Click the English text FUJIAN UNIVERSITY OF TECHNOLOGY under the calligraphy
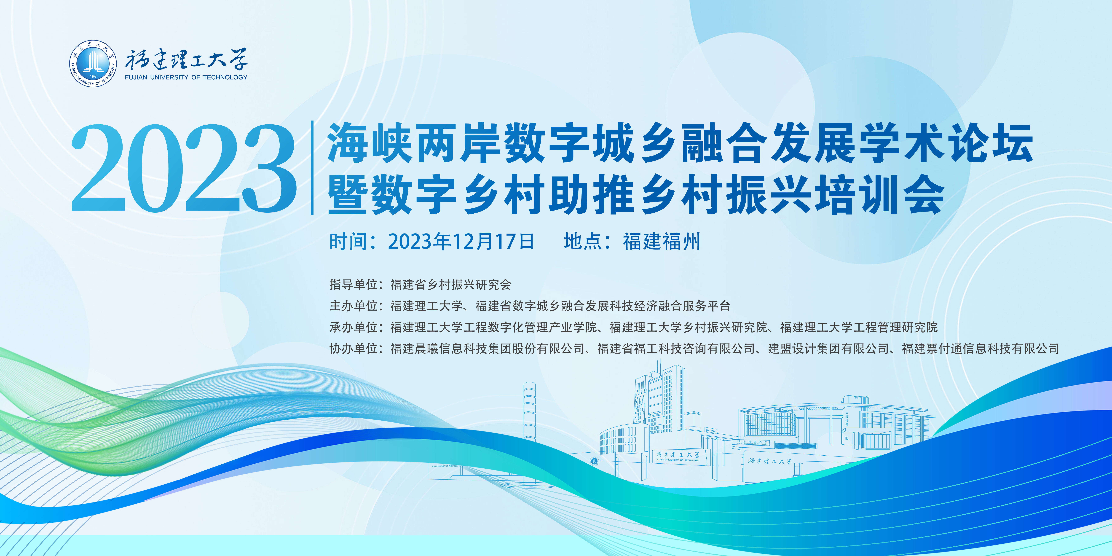186,77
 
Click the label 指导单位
354,285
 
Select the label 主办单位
354,306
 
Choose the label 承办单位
354,327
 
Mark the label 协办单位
354,348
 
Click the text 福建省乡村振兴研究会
451,285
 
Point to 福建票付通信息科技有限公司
980,348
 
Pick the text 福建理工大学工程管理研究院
859,327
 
